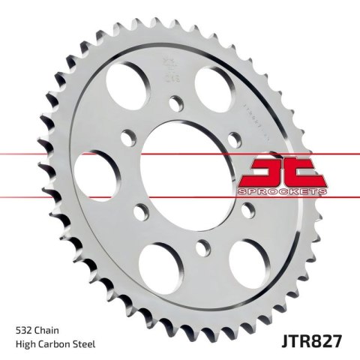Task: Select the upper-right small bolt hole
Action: pyautogui.click(x=234, y=136)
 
